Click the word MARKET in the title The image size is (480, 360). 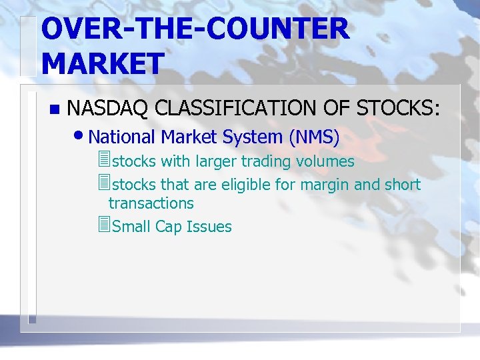point(102,63)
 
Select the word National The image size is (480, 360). point(122,137)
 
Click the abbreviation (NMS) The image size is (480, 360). point(314,137)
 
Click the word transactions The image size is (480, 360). point(151,203)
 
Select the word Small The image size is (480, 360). point(132,227)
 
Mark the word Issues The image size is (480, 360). point(209,227)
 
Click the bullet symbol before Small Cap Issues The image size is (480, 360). point(102,225)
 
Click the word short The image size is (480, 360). point(402,185)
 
